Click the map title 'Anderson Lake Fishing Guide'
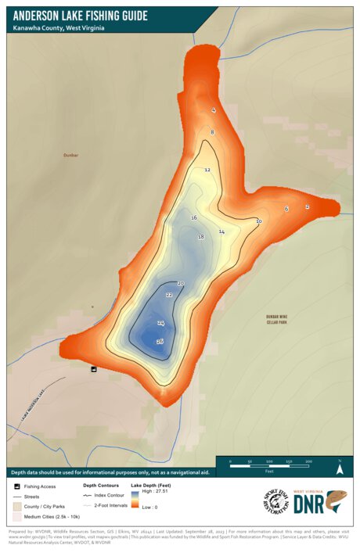pyautogui.click(x=80, y=15)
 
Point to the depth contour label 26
pyautogui.click(x=160, y=342)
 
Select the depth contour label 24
pyautogui.click(x=160, y=323)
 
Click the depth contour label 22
pyautogui.click(x=169, y=295)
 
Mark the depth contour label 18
pyautogui.click(x=201, y=237)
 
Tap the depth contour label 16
pyautogui.click(x=194, y=217)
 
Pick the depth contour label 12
pyautogui.click(x=207, y=170)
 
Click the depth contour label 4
pyautogui.click(x=213, y=110)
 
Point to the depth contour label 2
pyautogui.click(x=307, y=206)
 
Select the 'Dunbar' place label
pyautogui.click(x=71, y=156)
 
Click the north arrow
pyautogui.click(x=340, y=468)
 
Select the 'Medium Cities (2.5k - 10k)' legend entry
pyautogui.click(x=48, y=517)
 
